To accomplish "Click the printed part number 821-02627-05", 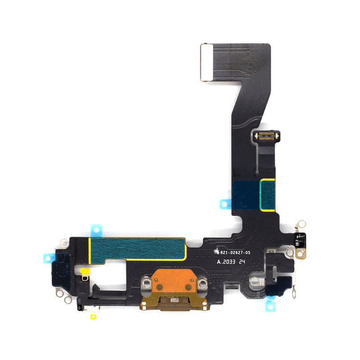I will pos(236,253).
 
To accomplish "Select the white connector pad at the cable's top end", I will pos(206,62).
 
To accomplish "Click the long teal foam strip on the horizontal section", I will pos(138,248).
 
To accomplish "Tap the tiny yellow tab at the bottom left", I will pos(93,317).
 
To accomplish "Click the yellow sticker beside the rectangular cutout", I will pos(84,271).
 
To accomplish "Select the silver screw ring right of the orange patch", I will pos(202,283).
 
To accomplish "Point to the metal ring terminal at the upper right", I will pos(301,224).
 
